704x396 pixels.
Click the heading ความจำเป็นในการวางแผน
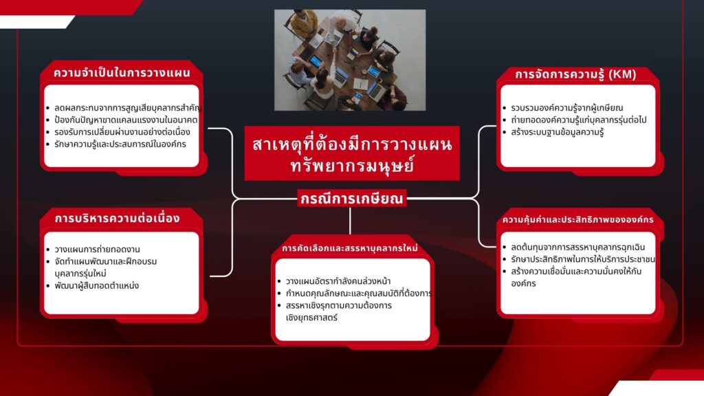[122, 73]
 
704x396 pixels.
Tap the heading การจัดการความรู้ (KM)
[575, 74]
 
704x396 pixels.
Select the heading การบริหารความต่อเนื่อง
[117, 218]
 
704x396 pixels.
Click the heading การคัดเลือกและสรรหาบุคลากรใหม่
[350, 247]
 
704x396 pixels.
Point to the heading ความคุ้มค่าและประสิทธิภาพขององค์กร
[577, 220]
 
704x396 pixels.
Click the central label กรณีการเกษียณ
[351, 199]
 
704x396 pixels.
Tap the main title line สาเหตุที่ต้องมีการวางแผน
[352, 144]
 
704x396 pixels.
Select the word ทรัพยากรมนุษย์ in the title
[352, 166]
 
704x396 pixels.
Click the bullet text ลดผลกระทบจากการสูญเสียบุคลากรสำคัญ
[128, 108]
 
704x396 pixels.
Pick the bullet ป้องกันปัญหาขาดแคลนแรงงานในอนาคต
[126, 120]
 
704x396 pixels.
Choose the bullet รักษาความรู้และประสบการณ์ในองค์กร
[120, 144]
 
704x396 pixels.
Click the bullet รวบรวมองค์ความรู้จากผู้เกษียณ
[566, 108]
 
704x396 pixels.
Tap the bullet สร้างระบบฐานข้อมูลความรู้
[557, 132]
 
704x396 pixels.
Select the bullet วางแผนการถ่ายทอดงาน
[97, 249]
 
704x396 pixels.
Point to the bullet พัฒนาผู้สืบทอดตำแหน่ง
[96, 285]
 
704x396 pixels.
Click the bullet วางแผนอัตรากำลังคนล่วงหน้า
[338, 281]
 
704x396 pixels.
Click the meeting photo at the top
[350, 60]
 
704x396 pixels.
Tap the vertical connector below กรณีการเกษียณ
[350, 221]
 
